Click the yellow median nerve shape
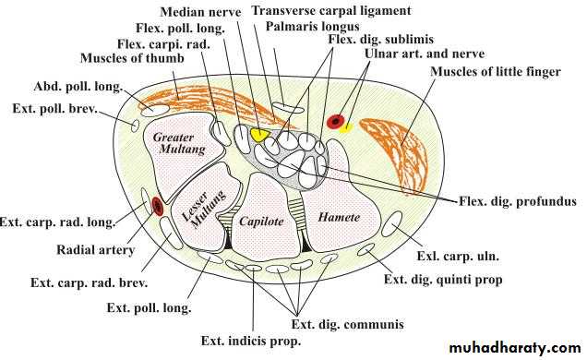coord(259,135)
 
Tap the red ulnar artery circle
coord(336,121)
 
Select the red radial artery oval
coord(158,206)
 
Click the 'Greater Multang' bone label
coord(179,143)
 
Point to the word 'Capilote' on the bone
coord(261,222)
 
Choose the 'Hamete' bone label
coord(339,217)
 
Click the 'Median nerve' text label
coord(200,12)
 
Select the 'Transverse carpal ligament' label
coord(331,10)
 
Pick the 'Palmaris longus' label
coord(313,27)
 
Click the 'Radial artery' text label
coord(95,249)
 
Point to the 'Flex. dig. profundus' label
coord(518,202)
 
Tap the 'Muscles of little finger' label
coord(496,71)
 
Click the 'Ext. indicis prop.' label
coord(251,341)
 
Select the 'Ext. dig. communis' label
coord(348,324)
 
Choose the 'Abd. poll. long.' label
coord(78,87)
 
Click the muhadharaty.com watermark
coord(515,348)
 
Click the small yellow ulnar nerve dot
coord(346,128)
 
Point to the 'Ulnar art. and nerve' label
coord(425,54)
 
